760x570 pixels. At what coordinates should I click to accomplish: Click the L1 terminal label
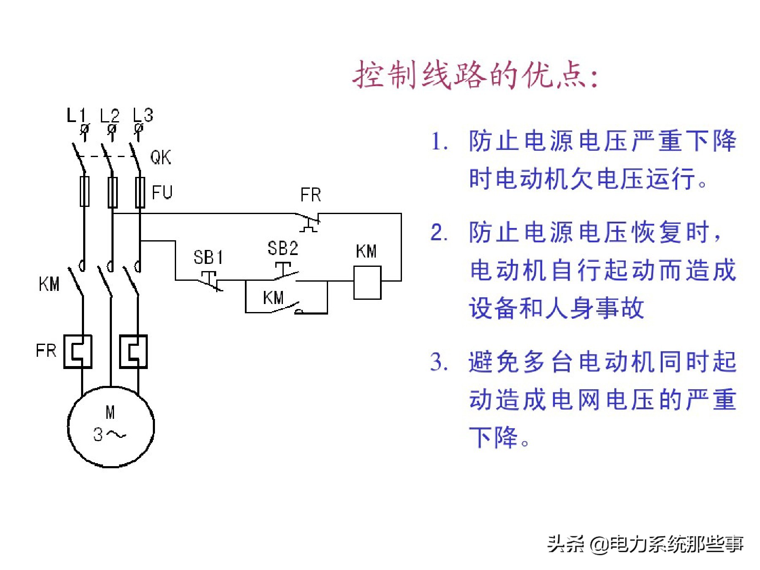[x=76, y=115]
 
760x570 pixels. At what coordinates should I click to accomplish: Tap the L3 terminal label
[x=143, y=115]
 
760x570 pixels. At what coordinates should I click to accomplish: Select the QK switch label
[x=160, y=157]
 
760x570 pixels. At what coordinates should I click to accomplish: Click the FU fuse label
[x=162, y=193]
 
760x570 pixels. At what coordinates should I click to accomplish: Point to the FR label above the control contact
[x=310, y=195]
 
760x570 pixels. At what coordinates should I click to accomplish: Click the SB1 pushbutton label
[x=208, y=257]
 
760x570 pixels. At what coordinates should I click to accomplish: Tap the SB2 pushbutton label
[x=282, y=248]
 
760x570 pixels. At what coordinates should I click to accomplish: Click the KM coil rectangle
[x=367, y=282]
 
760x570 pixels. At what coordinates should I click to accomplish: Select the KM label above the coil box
[x=366, y=251]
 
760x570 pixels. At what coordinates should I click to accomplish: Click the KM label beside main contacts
[x=49, y=284]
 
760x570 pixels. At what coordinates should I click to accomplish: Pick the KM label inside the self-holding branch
[x=273, y=298]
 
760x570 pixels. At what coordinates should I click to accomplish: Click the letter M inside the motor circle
[x=110, y=412]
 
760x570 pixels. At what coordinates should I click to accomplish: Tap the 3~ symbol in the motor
[x=109, y=434]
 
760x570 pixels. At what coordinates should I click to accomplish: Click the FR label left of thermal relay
[x=46, y=350]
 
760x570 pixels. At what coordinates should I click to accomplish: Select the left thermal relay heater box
[x=78, y=352]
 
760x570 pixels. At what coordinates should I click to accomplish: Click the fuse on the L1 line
[x=84, y=191]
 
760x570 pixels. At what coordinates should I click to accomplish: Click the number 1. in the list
[x=439, y=141]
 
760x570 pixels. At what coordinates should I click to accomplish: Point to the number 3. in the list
[x=439, y=362]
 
